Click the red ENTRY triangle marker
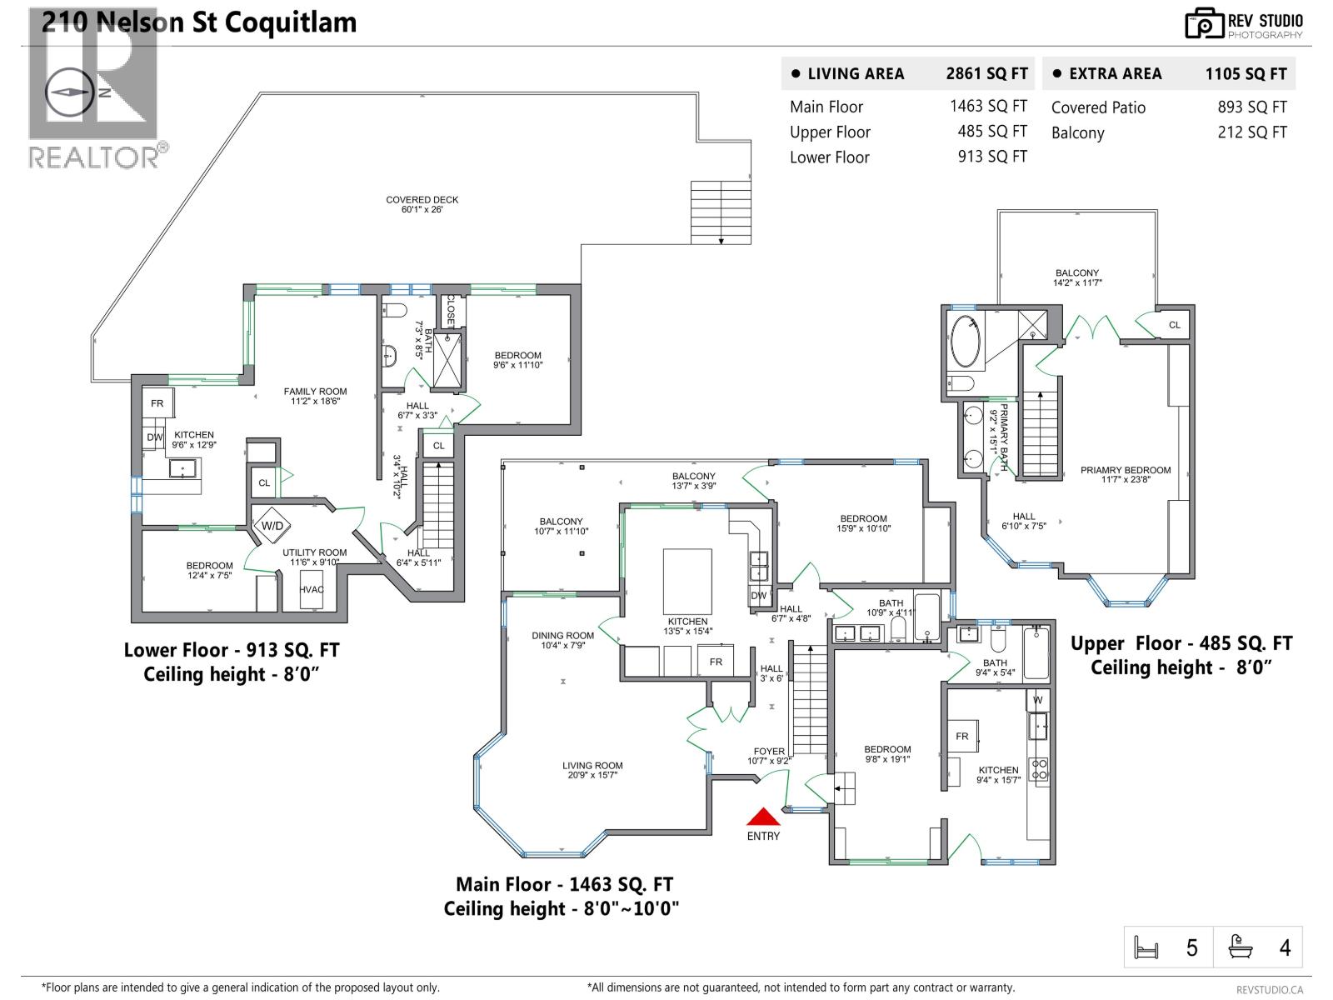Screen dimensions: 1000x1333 (763, 817)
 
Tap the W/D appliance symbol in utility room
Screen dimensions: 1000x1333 (272, 525)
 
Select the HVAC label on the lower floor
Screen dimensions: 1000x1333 (312, 589)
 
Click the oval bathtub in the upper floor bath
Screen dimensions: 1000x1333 (966, 341)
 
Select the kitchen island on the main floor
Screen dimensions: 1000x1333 (687, 581)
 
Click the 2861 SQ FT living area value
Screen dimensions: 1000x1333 (986, 73)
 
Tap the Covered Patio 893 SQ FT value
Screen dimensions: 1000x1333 (1251, 107)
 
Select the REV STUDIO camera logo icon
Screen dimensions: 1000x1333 (1204, 23)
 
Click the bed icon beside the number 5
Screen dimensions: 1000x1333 (1147, 947)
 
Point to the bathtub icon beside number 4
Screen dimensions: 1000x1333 (1241, 947)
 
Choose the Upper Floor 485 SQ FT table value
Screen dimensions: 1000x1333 (991, 132)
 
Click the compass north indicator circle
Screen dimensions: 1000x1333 (69, 92)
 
